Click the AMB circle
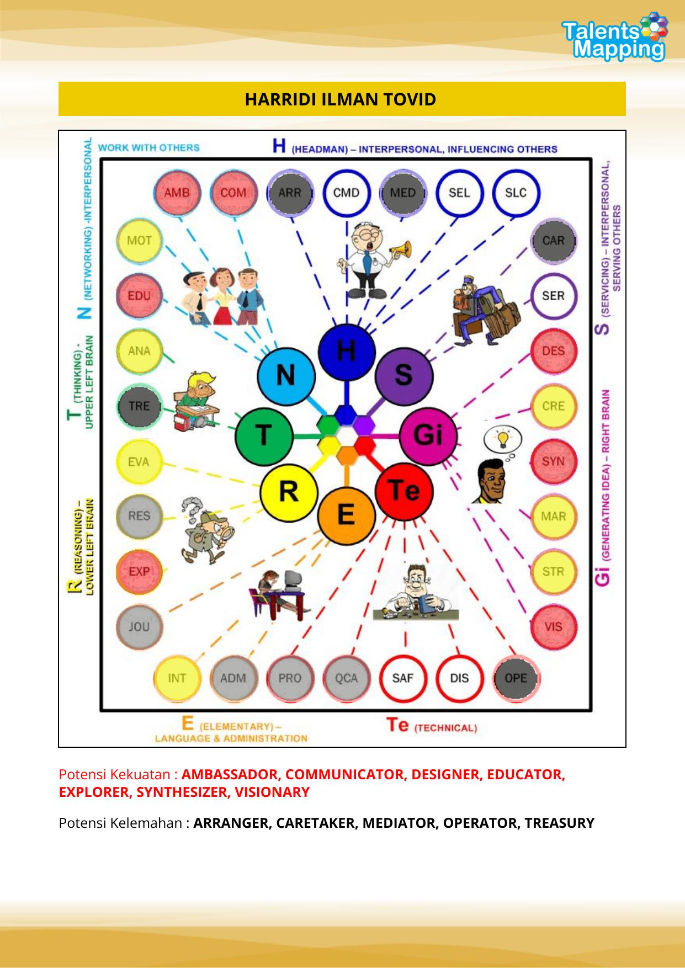(176, 193)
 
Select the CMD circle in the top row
(346, 193)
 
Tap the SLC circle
(516, 193)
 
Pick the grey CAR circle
(553, 241)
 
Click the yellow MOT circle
(139, 241)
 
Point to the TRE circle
(139, 406)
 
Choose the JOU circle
(139, 627)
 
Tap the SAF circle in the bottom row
(403, 678)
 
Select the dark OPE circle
(516, 678)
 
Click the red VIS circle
(553, 627)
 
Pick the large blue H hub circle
(346, 352)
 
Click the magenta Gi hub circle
(428, 435)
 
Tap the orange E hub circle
(346, 514)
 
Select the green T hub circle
(264, 435)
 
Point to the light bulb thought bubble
(502, 439)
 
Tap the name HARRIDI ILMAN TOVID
(341, 99)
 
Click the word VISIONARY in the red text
(272, 793)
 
